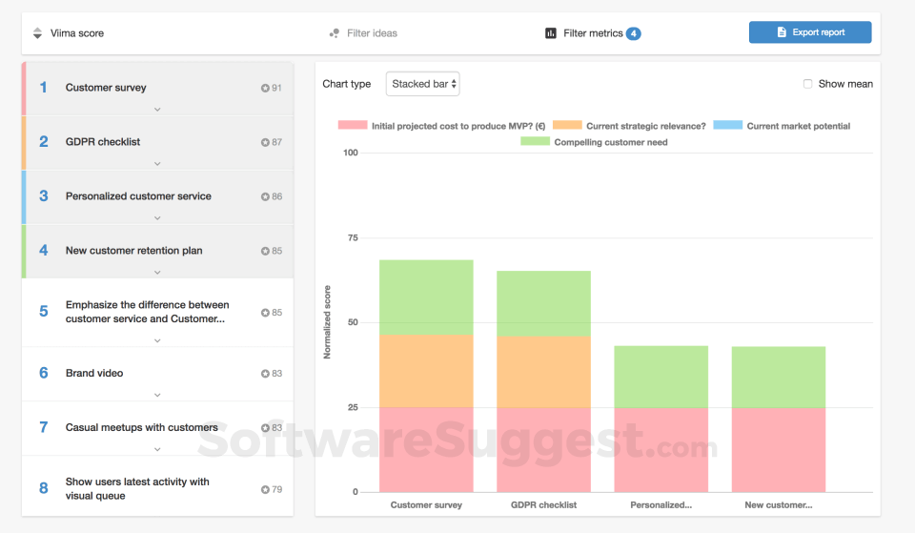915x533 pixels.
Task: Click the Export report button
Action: (x=810, y=32)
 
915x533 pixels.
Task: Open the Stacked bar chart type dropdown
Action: (x=422, y=84)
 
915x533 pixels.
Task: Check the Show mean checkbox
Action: (x=808, y=84)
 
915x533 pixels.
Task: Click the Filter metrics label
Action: (x=593, y=33)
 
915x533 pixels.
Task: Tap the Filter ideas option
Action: (x=371, y=33)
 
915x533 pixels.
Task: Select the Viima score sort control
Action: (x=76, y=33)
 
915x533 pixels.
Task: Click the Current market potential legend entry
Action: (x=798, y=126)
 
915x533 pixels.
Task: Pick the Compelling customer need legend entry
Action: (x=610, y=142)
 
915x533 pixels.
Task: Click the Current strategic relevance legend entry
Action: (x=645, y=126)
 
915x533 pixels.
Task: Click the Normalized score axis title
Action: (x=327, y=322)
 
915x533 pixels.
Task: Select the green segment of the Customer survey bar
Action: (x=426, y=297)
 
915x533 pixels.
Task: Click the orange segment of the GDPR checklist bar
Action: (x=543, y=372)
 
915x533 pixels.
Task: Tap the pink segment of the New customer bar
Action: (x=778, y=449)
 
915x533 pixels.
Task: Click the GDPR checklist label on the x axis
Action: (x=543, y=505)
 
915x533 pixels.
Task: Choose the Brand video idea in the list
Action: (x=94, y=373)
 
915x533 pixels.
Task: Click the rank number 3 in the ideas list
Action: (x=44, y=196)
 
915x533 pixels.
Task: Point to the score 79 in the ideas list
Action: (x=275, y=490)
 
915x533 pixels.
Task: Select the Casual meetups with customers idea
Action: (x=141, y=427)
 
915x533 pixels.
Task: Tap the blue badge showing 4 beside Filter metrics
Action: (x=634, y=33)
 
